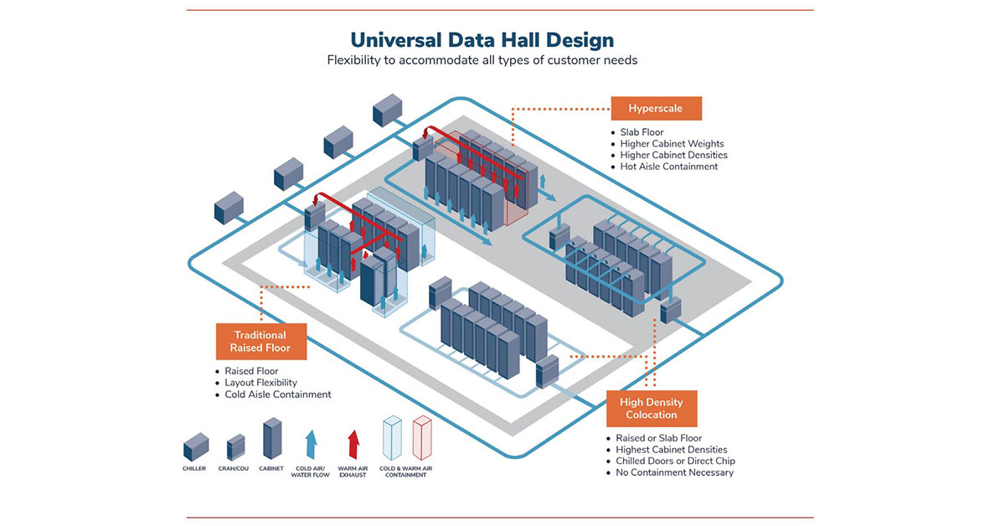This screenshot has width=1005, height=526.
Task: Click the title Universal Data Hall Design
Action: tap(482, 39)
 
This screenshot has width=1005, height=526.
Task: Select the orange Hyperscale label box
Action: tap(655, 108)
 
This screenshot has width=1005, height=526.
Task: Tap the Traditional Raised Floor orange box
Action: tap(260, 341)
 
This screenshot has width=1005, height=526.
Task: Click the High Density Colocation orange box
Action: tap(651, 408)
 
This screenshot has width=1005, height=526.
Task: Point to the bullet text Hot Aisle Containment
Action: tap(669, 167)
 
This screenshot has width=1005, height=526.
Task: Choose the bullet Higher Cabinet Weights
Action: tap(672, 144)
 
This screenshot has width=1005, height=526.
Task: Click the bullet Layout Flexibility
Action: tap(260, 383)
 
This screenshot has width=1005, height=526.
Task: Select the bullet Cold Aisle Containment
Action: tap(278, 394)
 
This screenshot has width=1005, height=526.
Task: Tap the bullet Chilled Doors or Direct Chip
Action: tap(675, 461)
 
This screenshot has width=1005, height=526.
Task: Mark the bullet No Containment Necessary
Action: tap(674, 472)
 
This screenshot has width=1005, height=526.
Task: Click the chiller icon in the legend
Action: tap(195, 446)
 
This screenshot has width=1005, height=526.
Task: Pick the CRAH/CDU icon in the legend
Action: tap(236, 446)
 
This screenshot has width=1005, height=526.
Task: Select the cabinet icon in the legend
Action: tap(272, 438)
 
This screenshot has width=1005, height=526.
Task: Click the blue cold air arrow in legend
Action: tap(311, 443)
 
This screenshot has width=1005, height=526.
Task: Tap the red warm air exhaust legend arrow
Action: tap(353, 443)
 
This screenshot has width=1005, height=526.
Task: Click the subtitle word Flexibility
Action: tap(355, 60)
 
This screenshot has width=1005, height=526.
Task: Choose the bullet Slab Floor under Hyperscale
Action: tap(642, 132)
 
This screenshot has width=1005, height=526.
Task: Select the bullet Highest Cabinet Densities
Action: tap(671, 450)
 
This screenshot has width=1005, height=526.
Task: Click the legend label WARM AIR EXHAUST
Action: tap(353, 472)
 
